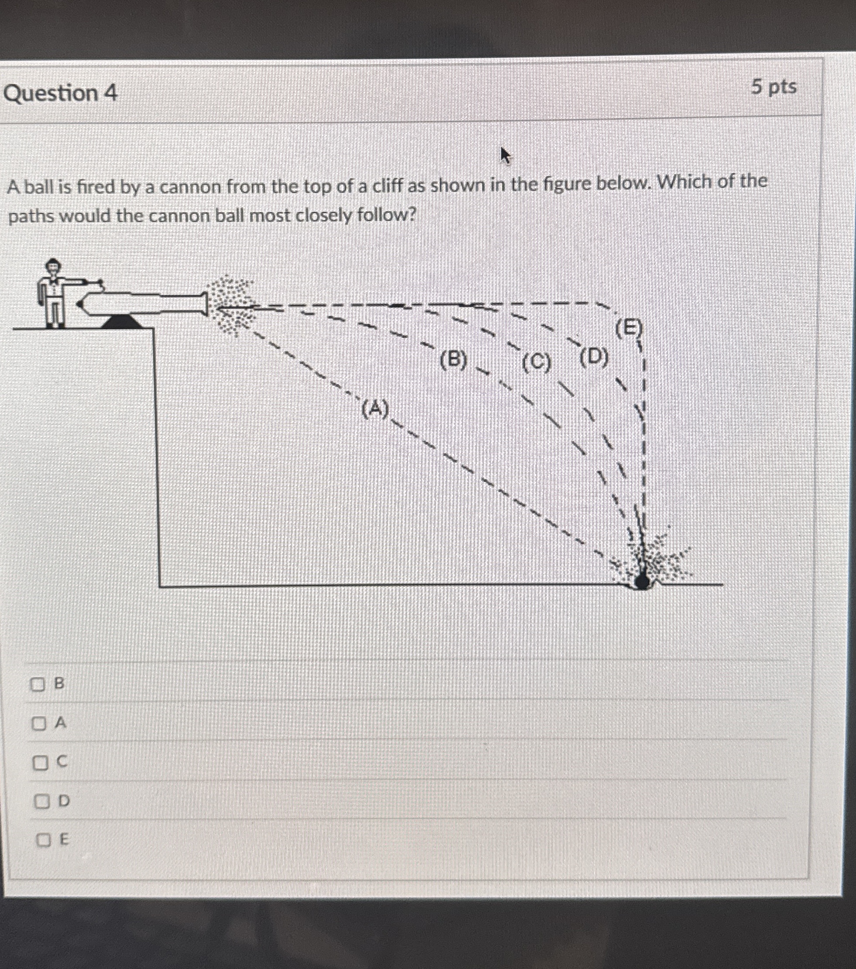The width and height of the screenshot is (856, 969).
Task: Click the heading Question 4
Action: [60, 93]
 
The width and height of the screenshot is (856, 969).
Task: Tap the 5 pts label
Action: [774, 87]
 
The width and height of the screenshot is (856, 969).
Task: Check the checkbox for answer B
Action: [38, 684]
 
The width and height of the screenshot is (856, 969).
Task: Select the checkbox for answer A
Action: [39, 723]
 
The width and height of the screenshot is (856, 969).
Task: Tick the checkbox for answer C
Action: [40, 763]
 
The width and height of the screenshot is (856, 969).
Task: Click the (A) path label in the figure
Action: [375, 409]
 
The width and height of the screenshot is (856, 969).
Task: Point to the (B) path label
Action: [453, 360]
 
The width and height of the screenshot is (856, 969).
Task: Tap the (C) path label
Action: [536, 363]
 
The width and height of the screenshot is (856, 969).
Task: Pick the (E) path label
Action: [628, 328]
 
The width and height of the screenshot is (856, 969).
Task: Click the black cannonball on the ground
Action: [642, 581]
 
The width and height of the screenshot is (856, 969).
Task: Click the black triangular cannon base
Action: [122, 322]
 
